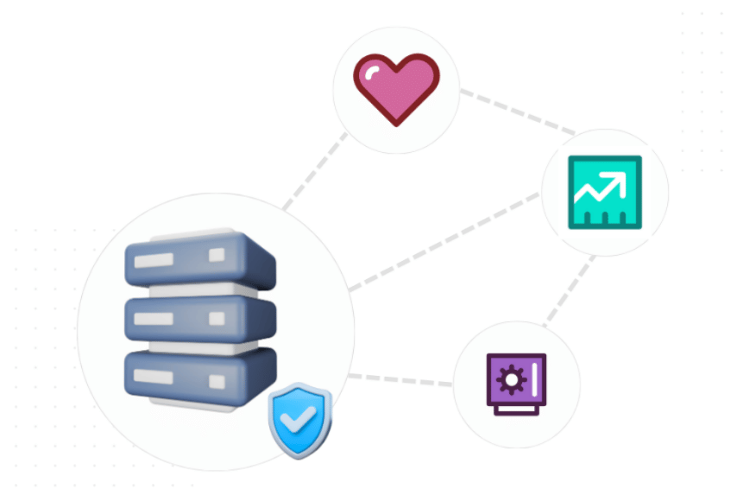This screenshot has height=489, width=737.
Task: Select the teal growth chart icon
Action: (604, 192)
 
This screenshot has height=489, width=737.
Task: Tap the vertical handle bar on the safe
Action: (534, 379)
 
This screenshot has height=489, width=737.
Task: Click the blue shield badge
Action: (300, 422)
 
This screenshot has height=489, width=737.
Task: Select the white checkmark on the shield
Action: (301, 421)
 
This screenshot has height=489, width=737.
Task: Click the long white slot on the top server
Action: (153, 260)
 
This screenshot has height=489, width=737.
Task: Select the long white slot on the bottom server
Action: (153, 377)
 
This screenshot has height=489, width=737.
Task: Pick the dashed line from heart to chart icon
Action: (517, 111)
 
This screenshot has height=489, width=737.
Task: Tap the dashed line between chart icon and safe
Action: (570, 290)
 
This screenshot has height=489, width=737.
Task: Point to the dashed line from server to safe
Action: (402, 379)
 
